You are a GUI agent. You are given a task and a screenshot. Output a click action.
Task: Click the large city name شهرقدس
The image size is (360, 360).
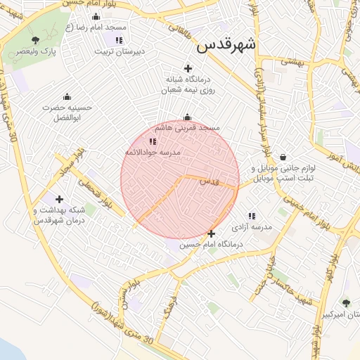[226, 44]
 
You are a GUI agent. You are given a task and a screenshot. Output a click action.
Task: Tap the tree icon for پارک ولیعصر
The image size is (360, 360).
[36, 40]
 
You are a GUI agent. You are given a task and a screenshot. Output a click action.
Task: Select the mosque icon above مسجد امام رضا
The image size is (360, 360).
[96, 16]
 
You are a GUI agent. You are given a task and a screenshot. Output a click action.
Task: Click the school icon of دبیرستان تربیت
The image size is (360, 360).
[119, 40]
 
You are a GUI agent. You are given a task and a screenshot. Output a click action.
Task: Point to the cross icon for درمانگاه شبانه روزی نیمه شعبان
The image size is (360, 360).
[187, 68]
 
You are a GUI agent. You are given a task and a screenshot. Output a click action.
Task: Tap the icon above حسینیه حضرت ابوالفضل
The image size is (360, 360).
[67, 96]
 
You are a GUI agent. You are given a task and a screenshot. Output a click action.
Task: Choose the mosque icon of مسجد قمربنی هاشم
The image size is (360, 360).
[187, 117]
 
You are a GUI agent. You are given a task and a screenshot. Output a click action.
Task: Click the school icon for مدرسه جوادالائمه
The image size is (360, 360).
[153, 141]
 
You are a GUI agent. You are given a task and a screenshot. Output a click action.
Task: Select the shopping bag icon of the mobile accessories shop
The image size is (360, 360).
[283, 157]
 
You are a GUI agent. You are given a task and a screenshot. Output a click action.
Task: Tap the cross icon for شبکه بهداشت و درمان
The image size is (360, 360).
[59, 200]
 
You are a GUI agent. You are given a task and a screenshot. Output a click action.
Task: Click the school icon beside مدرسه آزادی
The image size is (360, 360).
[252, 216]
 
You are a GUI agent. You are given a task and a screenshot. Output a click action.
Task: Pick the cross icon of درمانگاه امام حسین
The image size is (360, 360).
[211, 233]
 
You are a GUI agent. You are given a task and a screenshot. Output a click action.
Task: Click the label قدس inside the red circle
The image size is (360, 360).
[210, 181]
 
